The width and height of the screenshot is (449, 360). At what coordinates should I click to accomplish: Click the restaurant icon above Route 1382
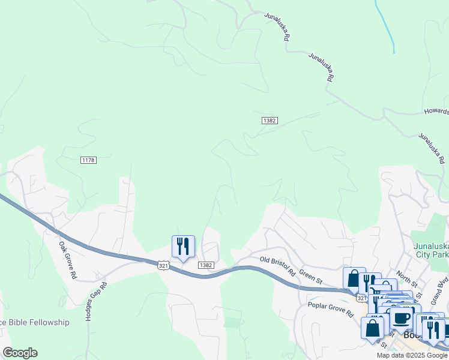coord(183,246)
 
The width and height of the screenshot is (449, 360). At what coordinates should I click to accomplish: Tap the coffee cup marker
coord(402,319)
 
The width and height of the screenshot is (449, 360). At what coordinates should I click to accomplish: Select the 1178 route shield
coord(88,160)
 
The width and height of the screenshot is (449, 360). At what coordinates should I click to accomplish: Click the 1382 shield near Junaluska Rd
coord(270,121)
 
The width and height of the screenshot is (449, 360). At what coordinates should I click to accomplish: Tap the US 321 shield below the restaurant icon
coord(163,265)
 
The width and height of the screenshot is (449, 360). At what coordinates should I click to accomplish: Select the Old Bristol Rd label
coord(278,265)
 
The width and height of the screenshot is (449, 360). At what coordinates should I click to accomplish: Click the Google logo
coord(20,353)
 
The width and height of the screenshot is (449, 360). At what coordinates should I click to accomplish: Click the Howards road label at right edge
coord(436,111)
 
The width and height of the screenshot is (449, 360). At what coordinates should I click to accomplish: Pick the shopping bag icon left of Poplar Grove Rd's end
coord(373,329)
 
